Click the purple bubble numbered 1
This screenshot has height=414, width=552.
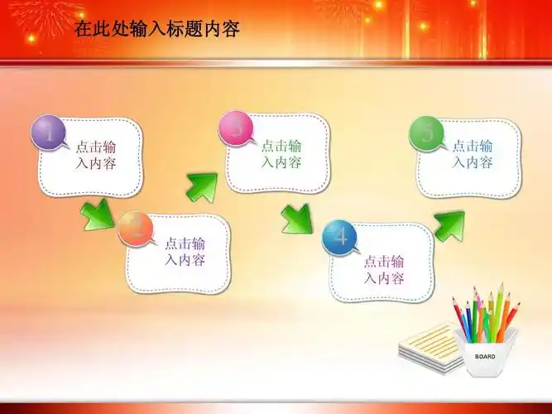coord(50,133)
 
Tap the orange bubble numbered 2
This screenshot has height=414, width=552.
coord(137,229)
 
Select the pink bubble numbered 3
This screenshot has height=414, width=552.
coord(237,129)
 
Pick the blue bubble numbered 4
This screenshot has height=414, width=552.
coord(341,237)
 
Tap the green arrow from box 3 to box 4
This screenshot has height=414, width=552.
coord(296,219)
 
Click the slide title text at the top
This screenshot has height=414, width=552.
coord(156,31)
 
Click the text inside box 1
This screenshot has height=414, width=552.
coord(96,155)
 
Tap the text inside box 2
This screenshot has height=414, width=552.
coord(185,252)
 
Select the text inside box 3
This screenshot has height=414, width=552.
coord(281,153)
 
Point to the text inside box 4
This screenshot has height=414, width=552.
coord(384,270)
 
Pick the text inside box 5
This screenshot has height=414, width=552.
coord(473,153)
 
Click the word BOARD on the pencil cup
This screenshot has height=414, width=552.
coord(485,356)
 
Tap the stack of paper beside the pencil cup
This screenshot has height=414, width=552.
coord(428,345)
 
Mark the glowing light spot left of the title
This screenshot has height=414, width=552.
coord(32,38)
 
